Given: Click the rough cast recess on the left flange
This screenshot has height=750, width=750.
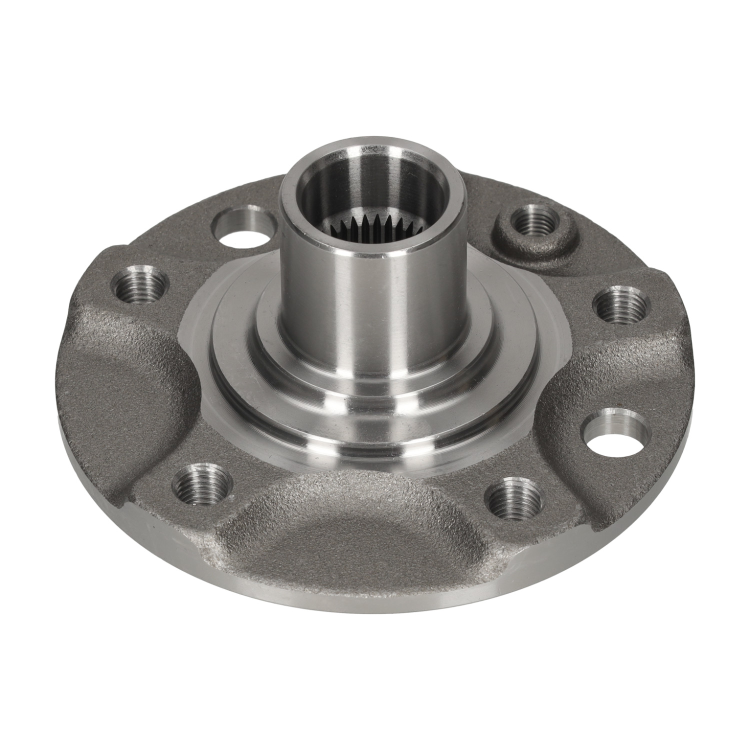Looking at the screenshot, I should point(125,380).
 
